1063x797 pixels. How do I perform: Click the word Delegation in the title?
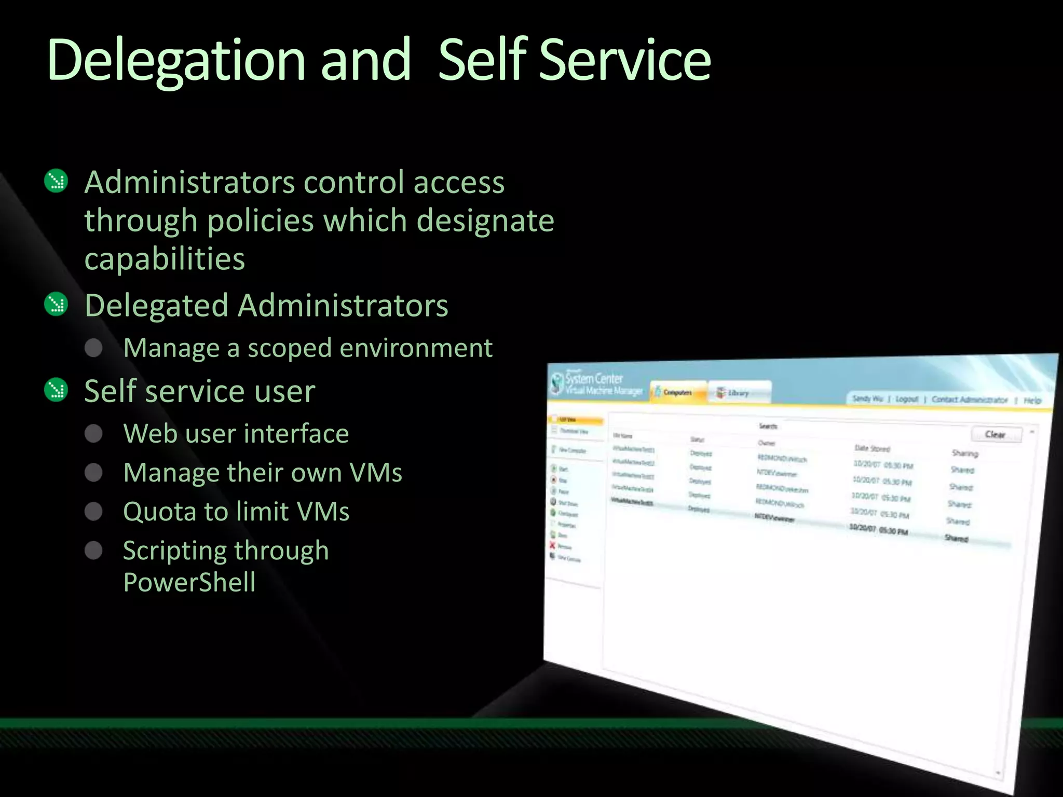coord(175,61)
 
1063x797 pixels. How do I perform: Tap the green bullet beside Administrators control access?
coord(56,181)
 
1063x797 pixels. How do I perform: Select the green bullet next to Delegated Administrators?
coord(56,304)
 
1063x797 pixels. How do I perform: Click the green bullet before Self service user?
coord(56,390)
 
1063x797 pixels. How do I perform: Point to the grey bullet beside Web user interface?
coord(93,433)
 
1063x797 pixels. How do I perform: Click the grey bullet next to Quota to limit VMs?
coord(93,511)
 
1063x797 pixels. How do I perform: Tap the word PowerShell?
coord(189,582)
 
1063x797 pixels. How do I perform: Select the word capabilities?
coord(165,258)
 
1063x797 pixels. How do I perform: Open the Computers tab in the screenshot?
coord(677,392)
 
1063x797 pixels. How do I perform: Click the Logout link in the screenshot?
coord(906,399)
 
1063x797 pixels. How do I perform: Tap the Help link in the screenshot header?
coord(1032,401)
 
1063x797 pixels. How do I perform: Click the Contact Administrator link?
coord(969,400)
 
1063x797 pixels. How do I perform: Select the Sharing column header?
coord(965,453)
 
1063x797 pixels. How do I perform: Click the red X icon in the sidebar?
coord(552,545)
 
